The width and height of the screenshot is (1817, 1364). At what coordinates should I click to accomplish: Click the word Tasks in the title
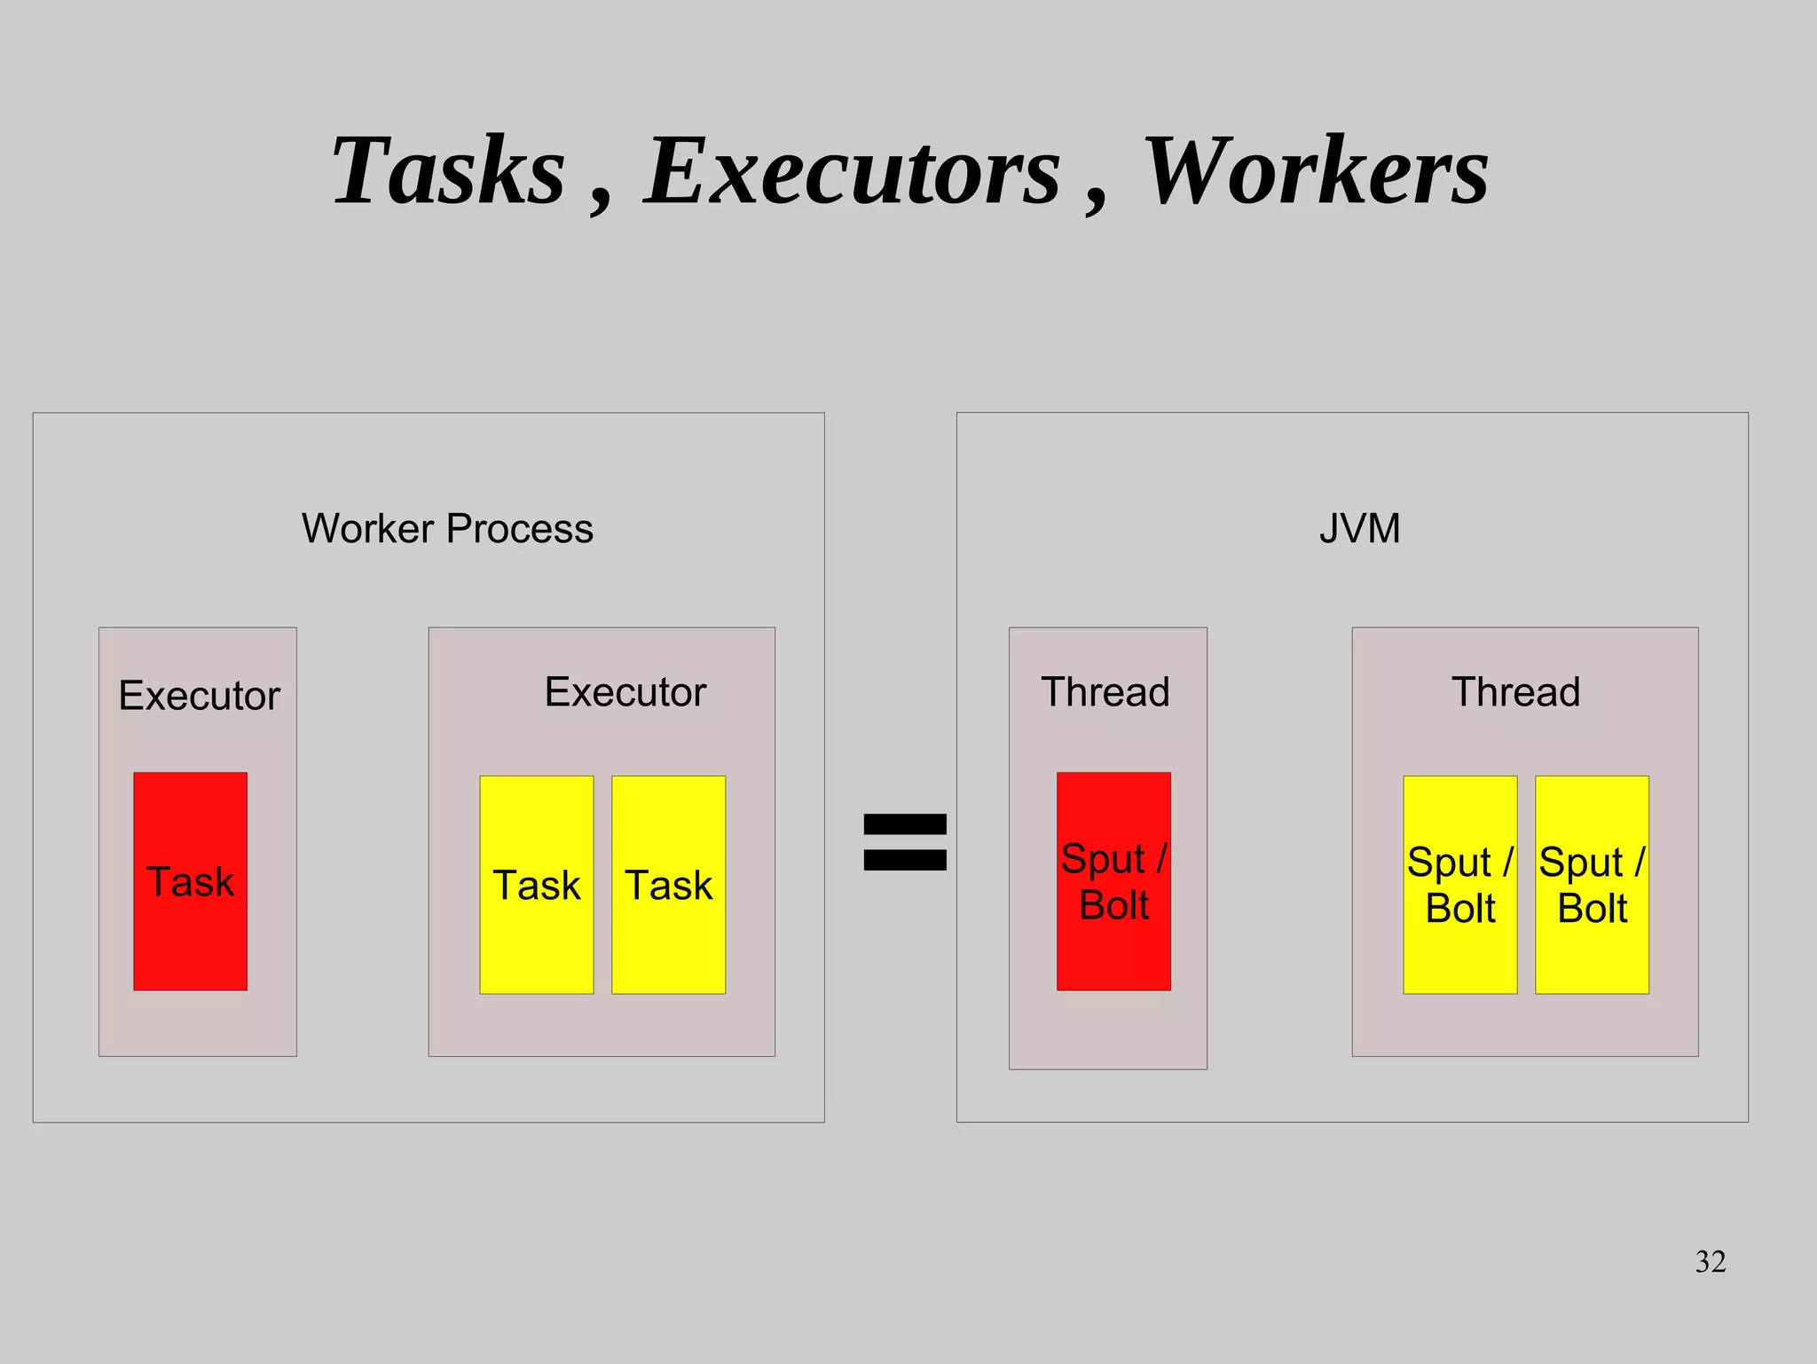point(448,170)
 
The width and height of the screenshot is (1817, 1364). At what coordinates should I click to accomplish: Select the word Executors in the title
point(852,170)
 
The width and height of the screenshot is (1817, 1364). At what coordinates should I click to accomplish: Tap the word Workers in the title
point(1316,170)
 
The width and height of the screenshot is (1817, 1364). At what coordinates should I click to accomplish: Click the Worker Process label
point(447,529)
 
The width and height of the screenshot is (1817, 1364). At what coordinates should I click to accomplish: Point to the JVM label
point(1359,529)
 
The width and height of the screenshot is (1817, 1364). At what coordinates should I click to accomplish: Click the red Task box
point(190,881)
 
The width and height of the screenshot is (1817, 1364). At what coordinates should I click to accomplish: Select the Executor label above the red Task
point(199,696)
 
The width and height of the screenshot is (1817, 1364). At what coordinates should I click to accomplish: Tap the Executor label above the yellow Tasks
point(625,692)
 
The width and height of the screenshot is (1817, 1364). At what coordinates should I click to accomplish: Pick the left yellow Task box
point(536,885)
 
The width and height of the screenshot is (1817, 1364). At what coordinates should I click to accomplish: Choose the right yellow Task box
point(668,885)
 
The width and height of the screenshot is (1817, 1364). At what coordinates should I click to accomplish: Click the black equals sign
point(905,841)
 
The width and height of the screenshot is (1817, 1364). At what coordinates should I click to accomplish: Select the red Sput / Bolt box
point(1113,881)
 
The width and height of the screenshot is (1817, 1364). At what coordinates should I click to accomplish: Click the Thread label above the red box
point(1105,692)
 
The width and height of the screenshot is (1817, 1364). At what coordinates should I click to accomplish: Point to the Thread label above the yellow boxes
point(1515,692)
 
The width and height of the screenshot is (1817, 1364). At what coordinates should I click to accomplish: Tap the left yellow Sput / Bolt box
point(1459,885)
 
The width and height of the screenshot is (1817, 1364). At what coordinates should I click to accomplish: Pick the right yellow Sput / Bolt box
point(1592,885)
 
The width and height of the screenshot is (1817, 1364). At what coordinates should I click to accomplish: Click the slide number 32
point(1711,1261)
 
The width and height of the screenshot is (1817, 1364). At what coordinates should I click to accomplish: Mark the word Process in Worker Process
point(520,530)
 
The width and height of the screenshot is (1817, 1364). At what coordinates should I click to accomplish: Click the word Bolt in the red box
point(1114,906)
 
